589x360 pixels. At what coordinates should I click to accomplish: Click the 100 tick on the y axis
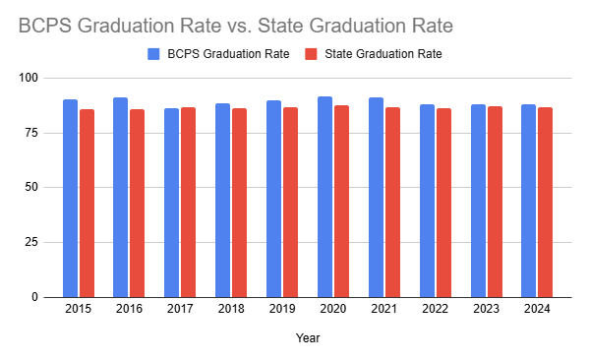tap(29, 78)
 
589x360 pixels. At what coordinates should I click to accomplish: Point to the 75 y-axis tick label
tap(31, 133)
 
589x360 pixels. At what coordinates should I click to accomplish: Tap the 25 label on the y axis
tap(31, 242)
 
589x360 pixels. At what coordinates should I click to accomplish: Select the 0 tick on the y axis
tap(34, 297)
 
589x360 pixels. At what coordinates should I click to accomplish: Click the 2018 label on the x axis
tap(231, 309)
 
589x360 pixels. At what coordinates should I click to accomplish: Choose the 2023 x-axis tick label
tap(486, 309)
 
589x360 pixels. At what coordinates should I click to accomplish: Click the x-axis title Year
tap(308, 337)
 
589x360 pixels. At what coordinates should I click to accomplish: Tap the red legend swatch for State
tap(311, 54)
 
